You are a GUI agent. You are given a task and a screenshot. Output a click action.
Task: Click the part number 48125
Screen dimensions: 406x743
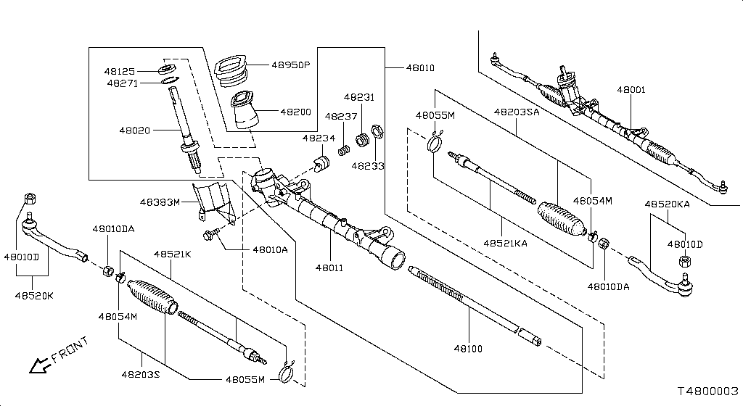tap(119, 72)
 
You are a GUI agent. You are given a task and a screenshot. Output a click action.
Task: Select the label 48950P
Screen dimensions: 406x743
tap(290, 65)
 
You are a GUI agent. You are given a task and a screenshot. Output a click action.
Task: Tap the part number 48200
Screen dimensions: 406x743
tap(295, 112)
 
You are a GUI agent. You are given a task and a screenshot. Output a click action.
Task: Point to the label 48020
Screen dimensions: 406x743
tap(135, 130)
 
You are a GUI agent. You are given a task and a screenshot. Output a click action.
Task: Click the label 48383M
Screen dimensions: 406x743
tap(160, 202)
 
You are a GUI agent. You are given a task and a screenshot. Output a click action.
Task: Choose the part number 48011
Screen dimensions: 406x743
tap(329, 268)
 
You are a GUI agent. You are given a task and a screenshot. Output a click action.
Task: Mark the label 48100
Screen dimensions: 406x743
tap(468, 349)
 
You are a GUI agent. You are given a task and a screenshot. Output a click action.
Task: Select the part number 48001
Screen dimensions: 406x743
tap(631, 91)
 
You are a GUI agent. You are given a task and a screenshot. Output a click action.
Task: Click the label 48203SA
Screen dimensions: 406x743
tap(517, 112)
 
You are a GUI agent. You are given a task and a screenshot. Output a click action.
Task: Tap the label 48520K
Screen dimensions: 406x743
tap(35, 296)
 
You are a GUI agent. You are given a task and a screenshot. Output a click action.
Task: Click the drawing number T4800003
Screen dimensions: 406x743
tap(707, 390)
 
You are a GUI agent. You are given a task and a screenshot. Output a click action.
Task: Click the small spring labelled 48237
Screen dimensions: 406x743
tap(346, 151)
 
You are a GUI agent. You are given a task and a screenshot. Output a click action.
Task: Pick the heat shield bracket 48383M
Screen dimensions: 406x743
tap(211, 203)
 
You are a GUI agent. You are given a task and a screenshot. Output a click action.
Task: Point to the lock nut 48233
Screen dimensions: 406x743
tap(377, 133)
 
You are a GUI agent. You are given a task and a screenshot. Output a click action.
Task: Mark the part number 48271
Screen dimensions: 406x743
tap(123, 83)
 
